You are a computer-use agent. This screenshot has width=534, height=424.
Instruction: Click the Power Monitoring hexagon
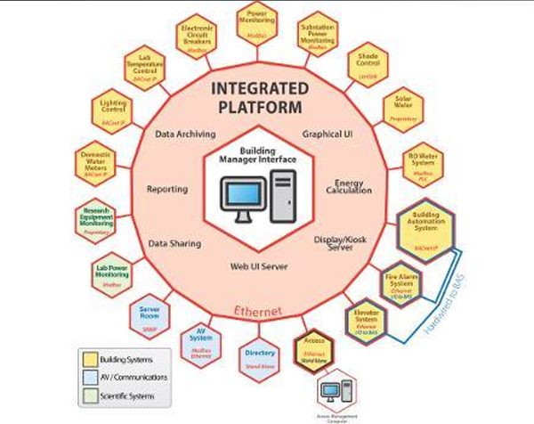point(259,21)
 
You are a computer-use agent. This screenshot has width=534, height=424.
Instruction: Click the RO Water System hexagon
point(425,163)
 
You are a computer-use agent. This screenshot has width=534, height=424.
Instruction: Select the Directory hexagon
point(259,358)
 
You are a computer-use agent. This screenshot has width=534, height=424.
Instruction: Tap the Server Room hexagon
point(149,316)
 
